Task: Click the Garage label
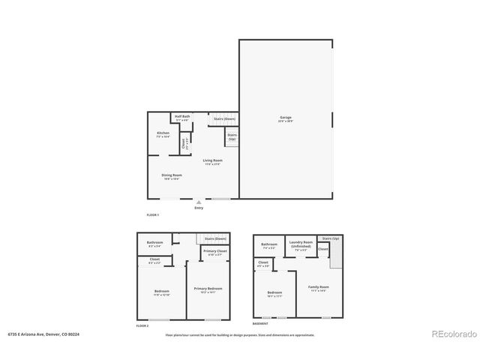(286, 118)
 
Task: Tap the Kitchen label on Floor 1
(163, 133)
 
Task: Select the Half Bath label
(182, 116)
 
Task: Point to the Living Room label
(212, 160)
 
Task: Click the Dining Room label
(172, 175)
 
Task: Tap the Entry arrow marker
(199, 201)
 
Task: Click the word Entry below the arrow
(199, 208)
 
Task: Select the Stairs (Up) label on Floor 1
(232, 136)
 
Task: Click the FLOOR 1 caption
(154, 215)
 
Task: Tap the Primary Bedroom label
(208, 289)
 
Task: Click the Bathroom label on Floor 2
(155, 242)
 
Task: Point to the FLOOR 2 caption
(142, 326)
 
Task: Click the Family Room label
(319, 286)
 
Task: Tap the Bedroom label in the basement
(274, 292)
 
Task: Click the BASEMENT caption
(260, 323)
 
